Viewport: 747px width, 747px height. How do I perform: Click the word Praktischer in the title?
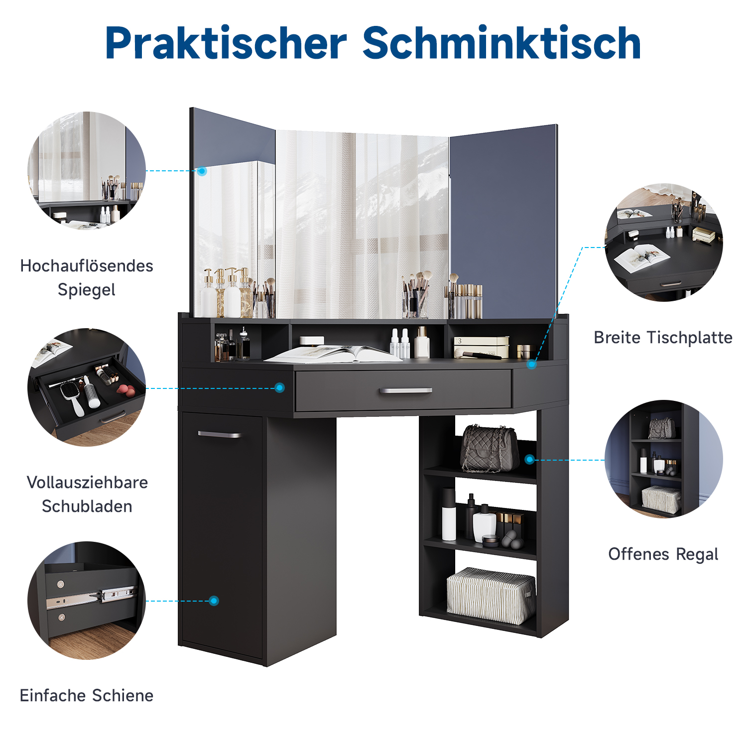click(226, 43)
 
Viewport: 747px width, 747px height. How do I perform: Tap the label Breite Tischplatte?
click(663, 338)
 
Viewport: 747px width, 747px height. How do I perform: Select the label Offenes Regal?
click(663, 554)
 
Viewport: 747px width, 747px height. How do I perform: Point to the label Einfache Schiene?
click(87, 695)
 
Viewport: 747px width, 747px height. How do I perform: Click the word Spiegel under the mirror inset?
click(87, 290)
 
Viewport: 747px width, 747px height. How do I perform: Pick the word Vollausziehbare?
click(87, 482)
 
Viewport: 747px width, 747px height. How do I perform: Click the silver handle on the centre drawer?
click(405, 391)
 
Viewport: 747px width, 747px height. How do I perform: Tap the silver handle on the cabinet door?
click(220, 435)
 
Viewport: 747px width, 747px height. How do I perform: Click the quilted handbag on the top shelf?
click(490, 449)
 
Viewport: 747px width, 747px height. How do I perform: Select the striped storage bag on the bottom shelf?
click(491, 596)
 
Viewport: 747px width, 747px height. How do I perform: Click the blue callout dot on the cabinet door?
click(214, 601)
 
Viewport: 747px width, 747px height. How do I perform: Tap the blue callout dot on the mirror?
click(202, 171)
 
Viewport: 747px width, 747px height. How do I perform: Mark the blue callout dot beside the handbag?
click(530, 459)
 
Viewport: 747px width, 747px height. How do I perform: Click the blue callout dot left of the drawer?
click(280, 387)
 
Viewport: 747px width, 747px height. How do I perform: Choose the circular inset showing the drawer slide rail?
click(87, 601)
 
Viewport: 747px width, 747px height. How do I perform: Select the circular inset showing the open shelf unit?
click(663, 459)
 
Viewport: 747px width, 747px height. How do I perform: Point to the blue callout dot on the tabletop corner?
click(532, 365)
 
